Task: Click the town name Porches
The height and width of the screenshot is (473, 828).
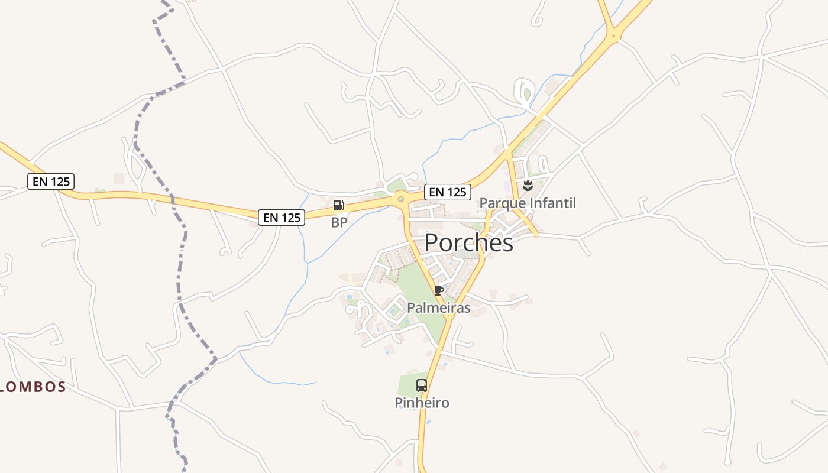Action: click(x=468, y=242)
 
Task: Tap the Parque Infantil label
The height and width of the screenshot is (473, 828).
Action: click(x=527, y=203)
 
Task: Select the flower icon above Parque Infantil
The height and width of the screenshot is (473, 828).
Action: click(x=528, y=186)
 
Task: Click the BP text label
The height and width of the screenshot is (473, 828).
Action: click(x=339, y=222)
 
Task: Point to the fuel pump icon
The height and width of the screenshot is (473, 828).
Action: click(x=339, y=205)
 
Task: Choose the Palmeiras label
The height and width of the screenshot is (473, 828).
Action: click(x=438, y=307)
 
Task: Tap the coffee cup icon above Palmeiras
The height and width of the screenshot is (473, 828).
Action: click(x=438, y=290)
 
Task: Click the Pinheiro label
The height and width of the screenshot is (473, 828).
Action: click(x=422, y=403)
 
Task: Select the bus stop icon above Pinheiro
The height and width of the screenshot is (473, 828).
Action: click(x=422, y=385)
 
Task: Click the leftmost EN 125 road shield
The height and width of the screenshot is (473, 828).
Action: click(x=51, y=182)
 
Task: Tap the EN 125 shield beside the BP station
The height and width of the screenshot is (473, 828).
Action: click(x=282, y=218)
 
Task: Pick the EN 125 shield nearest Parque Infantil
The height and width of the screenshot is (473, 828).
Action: click(x=448, y=192)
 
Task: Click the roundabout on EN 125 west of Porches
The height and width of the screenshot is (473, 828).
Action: click(x=401, y=199)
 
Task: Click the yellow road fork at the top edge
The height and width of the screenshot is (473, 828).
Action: click(x=614, y=36)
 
